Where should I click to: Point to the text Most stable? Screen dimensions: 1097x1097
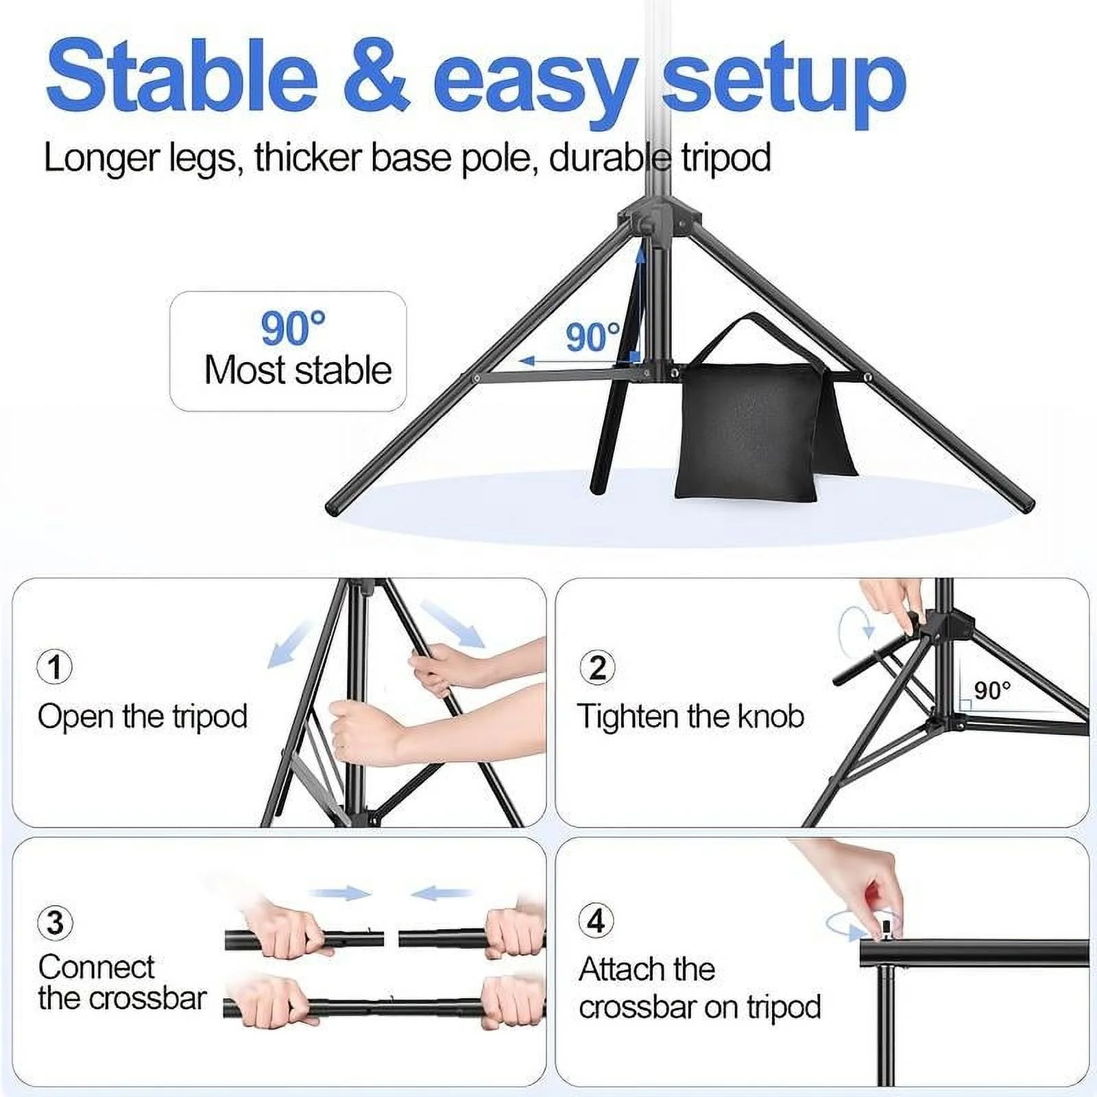[298, 371]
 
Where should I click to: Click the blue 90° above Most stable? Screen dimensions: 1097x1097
[293, 328]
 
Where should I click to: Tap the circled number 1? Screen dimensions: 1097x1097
[55, 666]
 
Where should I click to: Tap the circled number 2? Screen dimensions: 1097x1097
[597, 666]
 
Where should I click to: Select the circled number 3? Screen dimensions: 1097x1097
[55, 922]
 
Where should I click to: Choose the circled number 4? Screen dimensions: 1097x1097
[596, 920]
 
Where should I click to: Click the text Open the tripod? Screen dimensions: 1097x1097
[143, 717]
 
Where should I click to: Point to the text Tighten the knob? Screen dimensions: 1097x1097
[690, 717]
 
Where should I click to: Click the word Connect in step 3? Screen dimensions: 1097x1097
[97, 967]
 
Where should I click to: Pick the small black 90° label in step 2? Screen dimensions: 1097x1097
[992, 690]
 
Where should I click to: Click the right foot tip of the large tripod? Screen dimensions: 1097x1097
[1026, 505]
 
